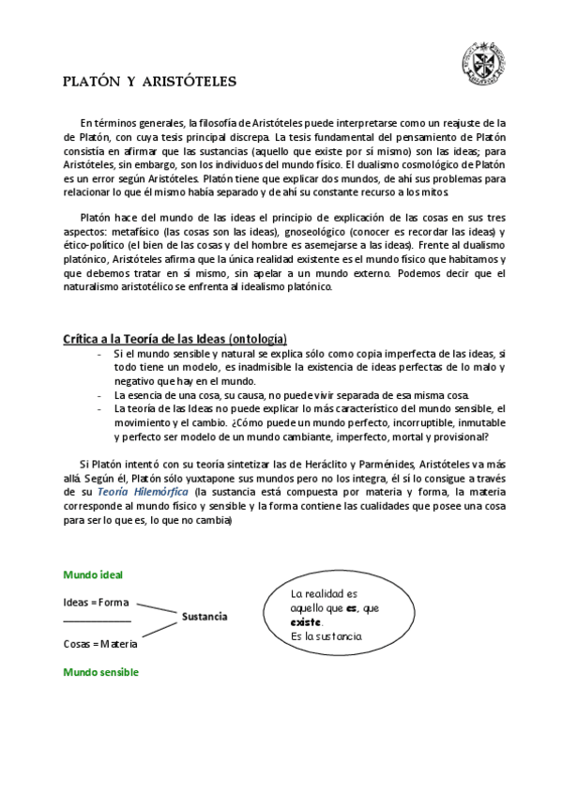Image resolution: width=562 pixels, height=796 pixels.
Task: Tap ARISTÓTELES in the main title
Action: point(190,82)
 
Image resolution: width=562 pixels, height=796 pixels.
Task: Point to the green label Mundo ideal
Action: point(93,574)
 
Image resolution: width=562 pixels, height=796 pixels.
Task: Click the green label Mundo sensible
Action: point(100,672)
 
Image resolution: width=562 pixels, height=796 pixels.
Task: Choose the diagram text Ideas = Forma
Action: point(96,602)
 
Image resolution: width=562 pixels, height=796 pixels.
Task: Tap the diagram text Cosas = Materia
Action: point(100,644)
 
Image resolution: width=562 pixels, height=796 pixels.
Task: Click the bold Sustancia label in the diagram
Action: point(205,617)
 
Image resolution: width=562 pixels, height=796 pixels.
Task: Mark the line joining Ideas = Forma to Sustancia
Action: point(157,607)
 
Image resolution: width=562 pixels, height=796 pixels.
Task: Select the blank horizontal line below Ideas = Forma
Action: point(97,621)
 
